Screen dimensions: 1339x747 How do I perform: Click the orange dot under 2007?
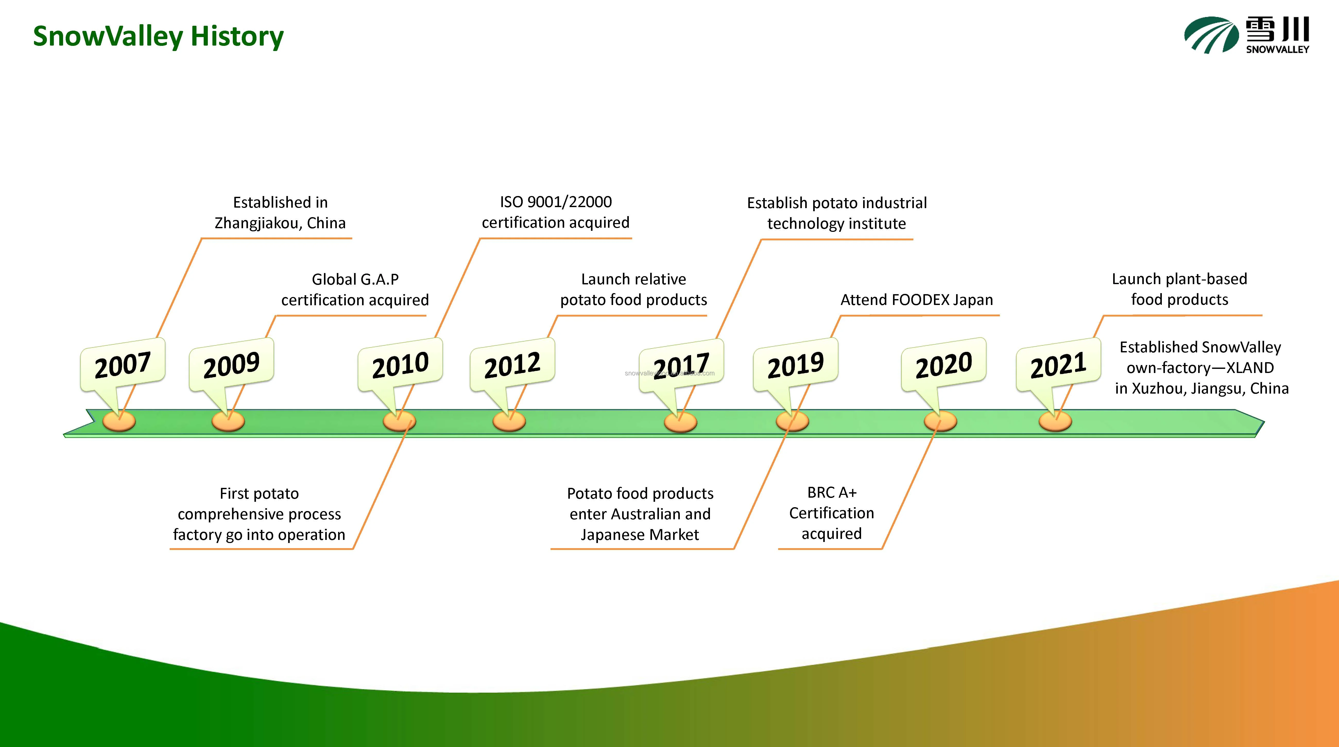[119, 421]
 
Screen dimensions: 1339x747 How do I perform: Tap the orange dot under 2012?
[509, 421]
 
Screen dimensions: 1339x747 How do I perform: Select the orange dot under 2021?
[1055, 421]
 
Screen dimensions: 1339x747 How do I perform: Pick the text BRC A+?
[832, 492]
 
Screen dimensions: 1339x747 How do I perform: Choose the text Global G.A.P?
[355, 280]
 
